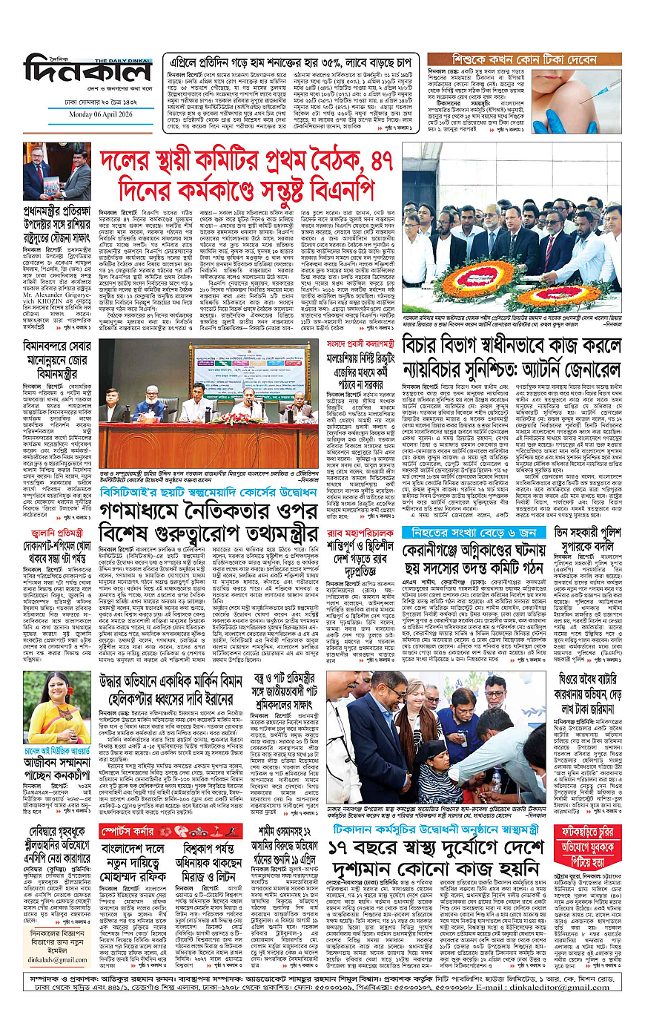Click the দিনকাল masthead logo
coord(87,71)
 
